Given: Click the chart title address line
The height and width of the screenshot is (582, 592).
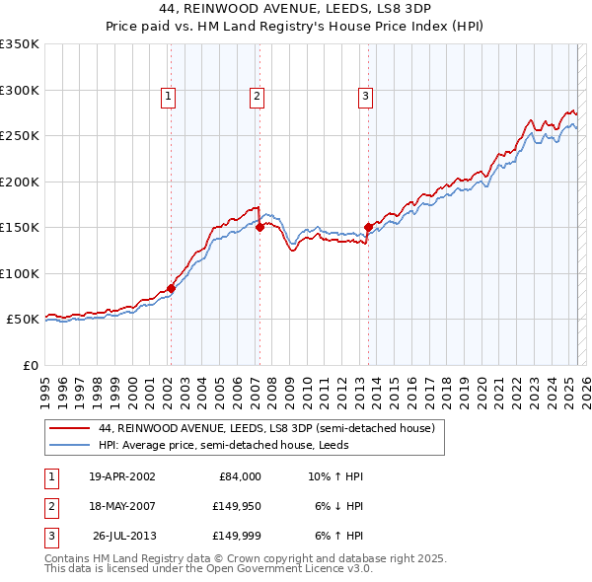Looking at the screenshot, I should click(296, 8).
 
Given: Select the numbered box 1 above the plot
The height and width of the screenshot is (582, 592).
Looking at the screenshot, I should click(169, 96).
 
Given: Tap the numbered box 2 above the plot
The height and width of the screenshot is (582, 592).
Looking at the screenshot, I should click(257, 96).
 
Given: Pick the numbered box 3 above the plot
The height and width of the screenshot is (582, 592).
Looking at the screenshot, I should click(365, 96).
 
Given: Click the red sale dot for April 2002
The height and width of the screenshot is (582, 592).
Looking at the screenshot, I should click(171, 288).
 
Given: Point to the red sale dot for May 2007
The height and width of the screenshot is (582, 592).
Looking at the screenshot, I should click(259, 227).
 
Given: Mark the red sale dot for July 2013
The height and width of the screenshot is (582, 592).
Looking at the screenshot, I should click(368, 227).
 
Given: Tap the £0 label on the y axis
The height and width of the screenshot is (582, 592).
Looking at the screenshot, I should click(29, 365).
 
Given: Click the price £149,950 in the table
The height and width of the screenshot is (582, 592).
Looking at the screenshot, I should click(236, 506).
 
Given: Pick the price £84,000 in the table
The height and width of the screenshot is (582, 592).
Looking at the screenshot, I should click(239, 476).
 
